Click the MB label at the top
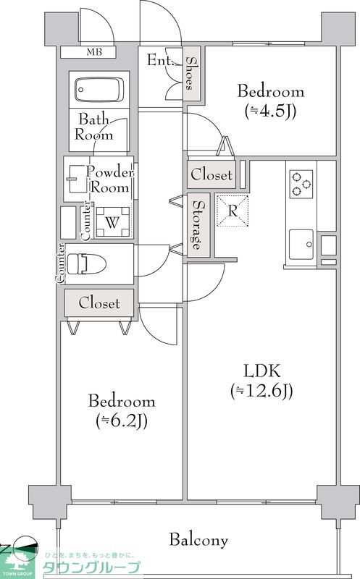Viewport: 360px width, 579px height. (94, 52)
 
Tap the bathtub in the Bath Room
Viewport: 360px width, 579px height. (99, 90)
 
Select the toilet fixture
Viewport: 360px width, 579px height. (86, 264)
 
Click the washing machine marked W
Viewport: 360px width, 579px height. (113, 222)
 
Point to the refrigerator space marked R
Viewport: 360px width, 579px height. (232, 211)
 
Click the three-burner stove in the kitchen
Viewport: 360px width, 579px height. (301, 184)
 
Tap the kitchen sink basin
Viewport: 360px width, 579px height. (301, 245)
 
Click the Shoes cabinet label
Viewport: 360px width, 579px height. (191, 73)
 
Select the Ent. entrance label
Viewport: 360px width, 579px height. (160, 60)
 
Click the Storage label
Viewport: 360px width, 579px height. (198, 225)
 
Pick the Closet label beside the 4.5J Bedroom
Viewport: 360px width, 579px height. (212, 174)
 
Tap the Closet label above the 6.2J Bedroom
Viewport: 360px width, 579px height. (99, 303)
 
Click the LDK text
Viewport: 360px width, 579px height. (262, 371)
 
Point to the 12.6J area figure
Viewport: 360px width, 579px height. (261, 391)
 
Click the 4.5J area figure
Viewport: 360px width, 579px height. (271, 111)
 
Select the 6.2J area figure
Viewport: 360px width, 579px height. (122, 420)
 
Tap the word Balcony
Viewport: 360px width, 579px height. (198, 540)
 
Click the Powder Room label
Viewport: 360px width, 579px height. (110, 179)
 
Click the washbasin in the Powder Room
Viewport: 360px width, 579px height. (77, 179)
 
